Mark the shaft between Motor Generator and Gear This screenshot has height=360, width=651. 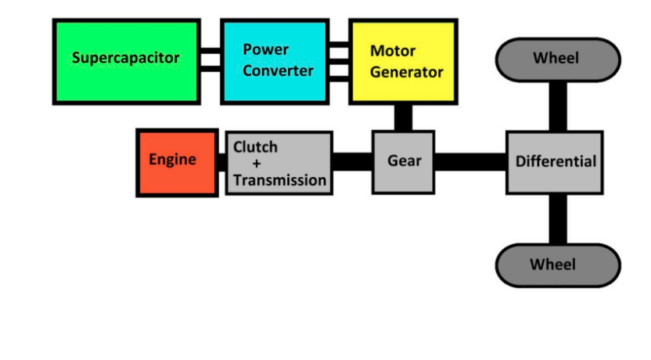403,117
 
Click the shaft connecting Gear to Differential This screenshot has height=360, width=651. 470,162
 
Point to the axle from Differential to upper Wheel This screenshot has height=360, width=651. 557,106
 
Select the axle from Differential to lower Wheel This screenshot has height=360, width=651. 557,218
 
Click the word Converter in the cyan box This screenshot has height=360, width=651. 278,70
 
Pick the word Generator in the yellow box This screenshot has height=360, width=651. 407,72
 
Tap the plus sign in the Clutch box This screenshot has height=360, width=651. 256,164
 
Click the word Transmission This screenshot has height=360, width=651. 279,180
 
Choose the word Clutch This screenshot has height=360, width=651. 255,147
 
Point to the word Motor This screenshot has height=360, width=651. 393,52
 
